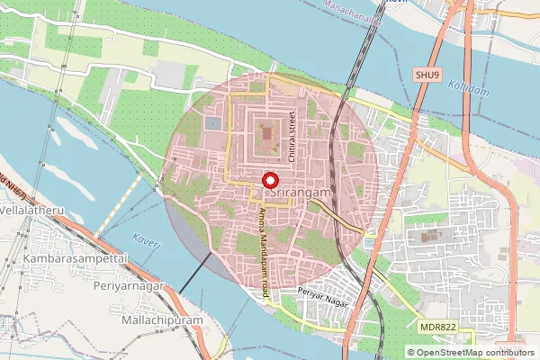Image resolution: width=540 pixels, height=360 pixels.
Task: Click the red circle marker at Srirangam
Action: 269,181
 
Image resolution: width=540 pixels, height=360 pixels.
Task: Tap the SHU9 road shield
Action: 427,75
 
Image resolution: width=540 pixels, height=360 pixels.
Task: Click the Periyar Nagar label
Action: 322,293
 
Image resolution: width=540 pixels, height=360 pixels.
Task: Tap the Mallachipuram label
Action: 161,319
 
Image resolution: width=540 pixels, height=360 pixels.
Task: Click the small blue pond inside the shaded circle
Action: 213,122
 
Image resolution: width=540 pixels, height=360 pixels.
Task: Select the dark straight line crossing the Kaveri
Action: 194,274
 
